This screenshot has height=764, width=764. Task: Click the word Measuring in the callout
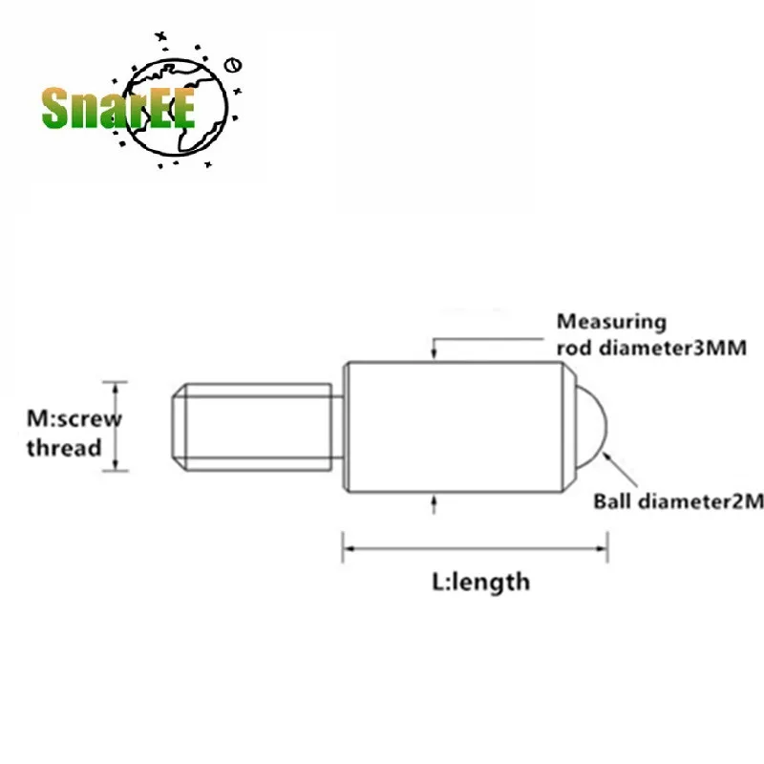click(x=611, y=322)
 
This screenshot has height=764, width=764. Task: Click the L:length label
click(x=475, y=581)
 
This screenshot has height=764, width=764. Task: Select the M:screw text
click(x=74, y=418)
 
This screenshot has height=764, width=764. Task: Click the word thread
click(x=63, y=447)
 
